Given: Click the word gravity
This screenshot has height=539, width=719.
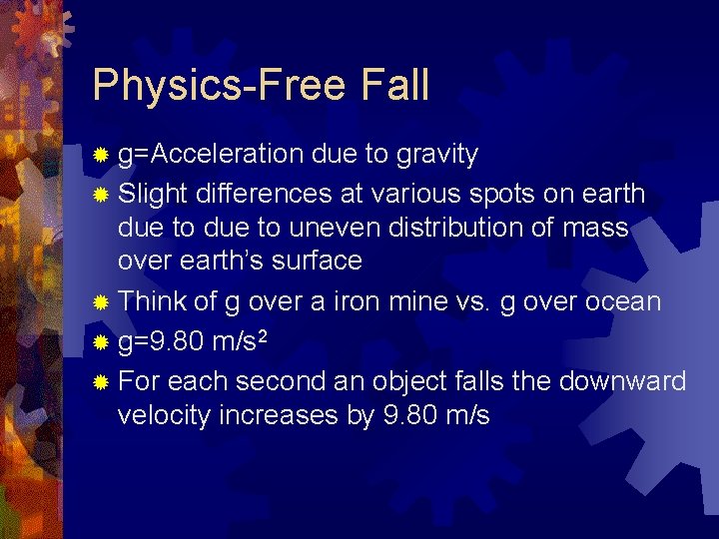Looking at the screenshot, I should pos(436,156).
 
